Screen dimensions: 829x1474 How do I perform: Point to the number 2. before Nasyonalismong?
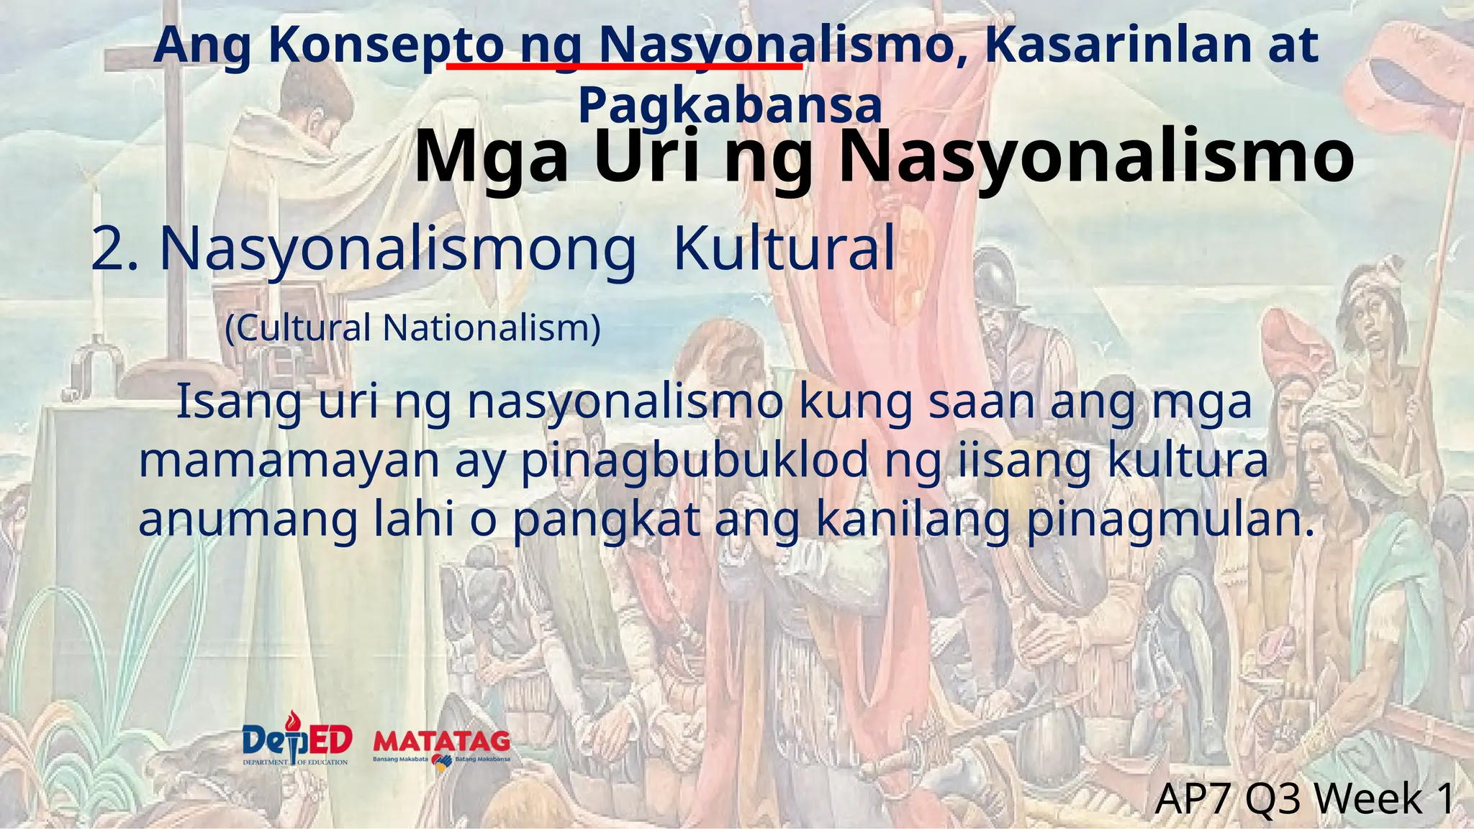(114, 249)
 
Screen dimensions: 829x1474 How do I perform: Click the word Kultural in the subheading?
(784, 249)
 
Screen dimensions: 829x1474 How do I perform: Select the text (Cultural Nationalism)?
(412, 328)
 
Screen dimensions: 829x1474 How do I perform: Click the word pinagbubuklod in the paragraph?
(695, 461)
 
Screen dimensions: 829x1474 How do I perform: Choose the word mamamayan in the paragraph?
(289, 461)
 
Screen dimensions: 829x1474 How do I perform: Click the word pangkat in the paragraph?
(607, 520)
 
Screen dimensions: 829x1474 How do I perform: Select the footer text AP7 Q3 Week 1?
(1305, 799)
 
